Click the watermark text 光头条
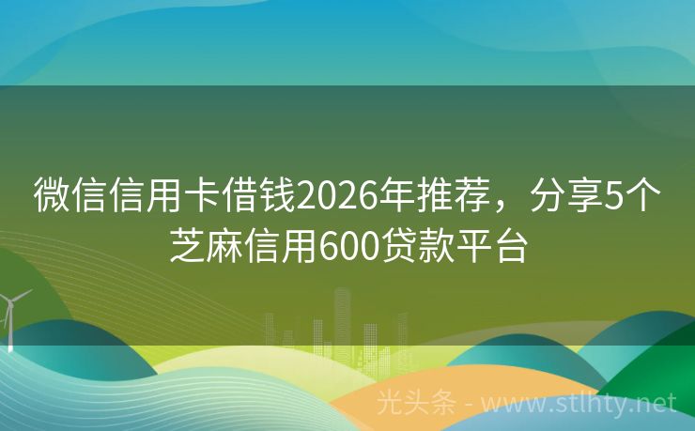pos(417,404)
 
